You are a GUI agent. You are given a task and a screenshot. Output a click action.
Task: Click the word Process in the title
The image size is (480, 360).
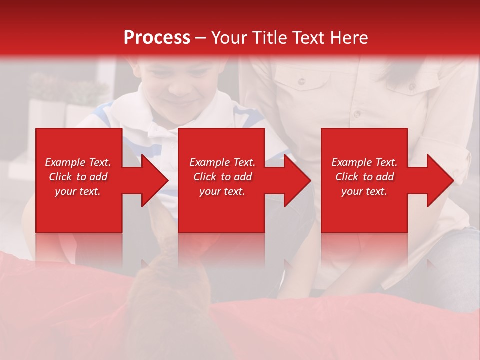(x=157, y=38)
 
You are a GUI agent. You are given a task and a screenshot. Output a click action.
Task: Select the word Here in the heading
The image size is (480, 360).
(x=348, y=38)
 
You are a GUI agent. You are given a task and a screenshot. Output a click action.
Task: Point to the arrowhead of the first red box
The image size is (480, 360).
(x=155, y=180)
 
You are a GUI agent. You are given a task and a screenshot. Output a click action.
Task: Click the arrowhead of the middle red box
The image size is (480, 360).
(x=297, y=180)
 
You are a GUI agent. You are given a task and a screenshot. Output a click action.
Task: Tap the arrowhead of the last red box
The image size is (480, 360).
(x=440, y=180)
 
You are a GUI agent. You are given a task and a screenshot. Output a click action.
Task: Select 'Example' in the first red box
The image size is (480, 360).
(x=65, y=162)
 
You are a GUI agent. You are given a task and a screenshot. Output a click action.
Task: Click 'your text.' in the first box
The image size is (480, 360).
(x=78, y=191)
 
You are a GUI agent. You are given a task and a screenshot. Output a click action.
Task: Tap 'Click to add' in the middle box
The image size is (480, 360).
(x=222, y=177)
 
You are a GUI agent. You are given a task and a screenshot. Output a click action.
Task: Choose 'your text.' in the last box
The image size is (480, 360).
(x=364, y=191)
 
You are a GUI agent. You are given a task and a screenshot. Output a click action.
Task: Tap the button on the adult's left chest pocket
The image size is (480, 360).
(x=301, y=81)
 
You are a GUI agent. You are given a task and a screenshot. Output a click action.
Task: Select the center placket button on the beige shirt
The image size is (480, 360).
(x=357, y=114)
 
